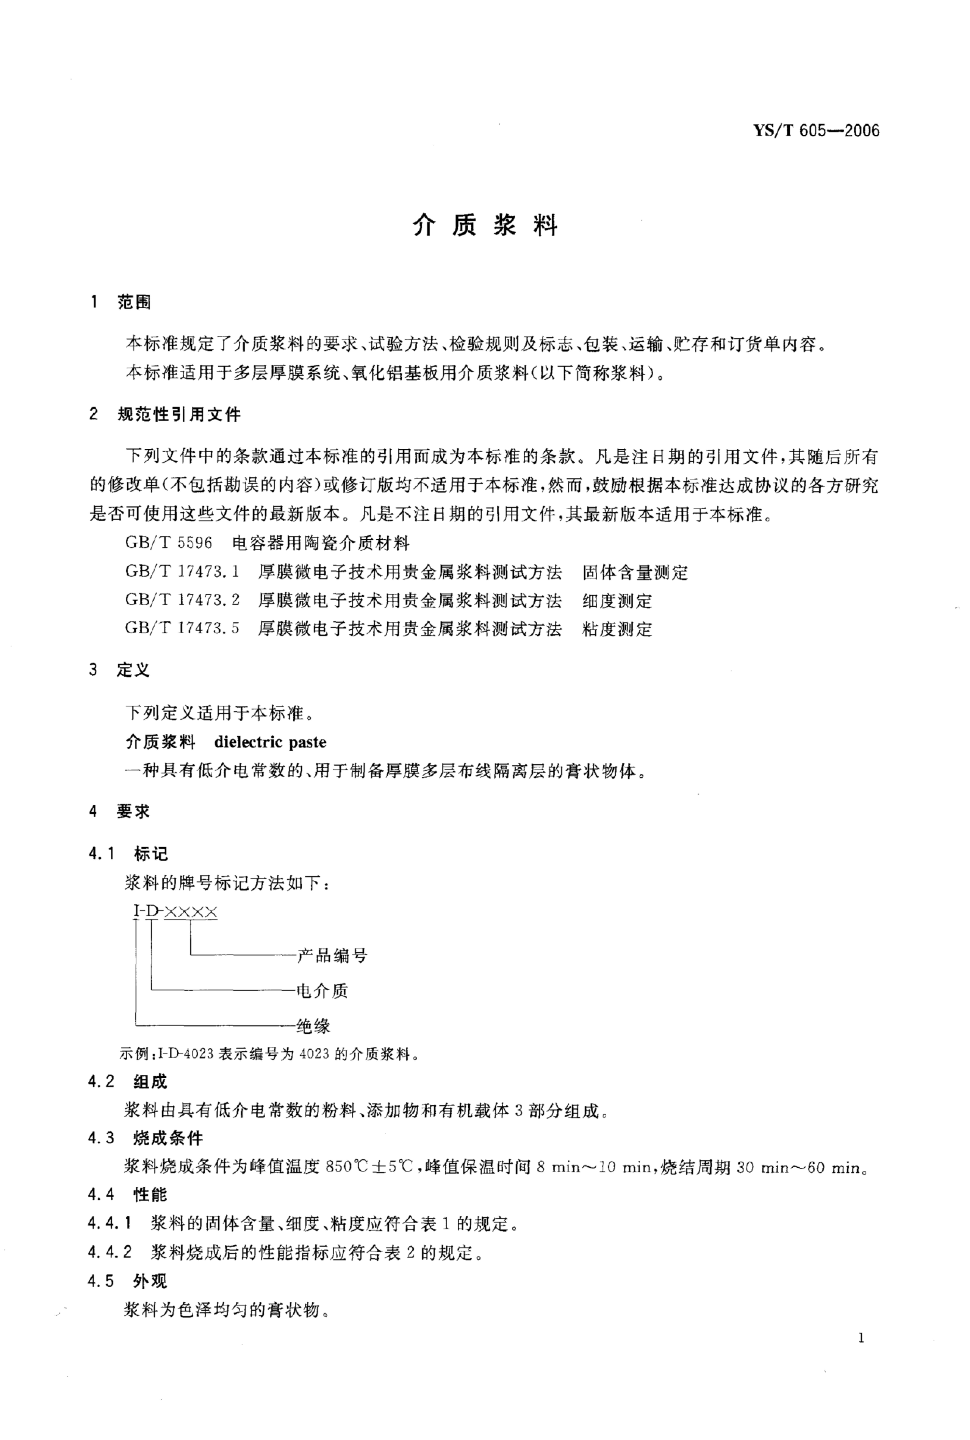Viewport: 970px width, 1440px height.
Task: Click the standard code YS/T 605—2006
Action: point(816,131)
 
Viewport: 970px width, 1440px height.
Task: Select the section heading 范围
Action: point(134,303)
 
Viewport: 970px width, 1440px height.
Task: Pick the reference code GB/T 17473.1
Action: point(182,572)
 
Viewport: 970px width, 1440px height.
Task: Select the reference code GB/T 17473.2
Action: point(182,600)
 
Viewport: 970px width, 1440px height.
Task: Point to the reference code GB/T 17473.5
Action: point(182,629)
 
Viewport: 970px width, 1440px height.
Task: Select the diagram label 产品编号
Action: point(332,956)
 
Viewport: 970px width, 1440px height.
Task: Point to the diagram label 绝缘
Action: point(314,1026)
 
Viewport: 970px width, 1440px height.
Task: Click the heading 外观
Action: point(150,1281)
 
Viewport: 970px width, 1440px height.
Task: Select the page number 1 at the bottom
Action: point(861,1338)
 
